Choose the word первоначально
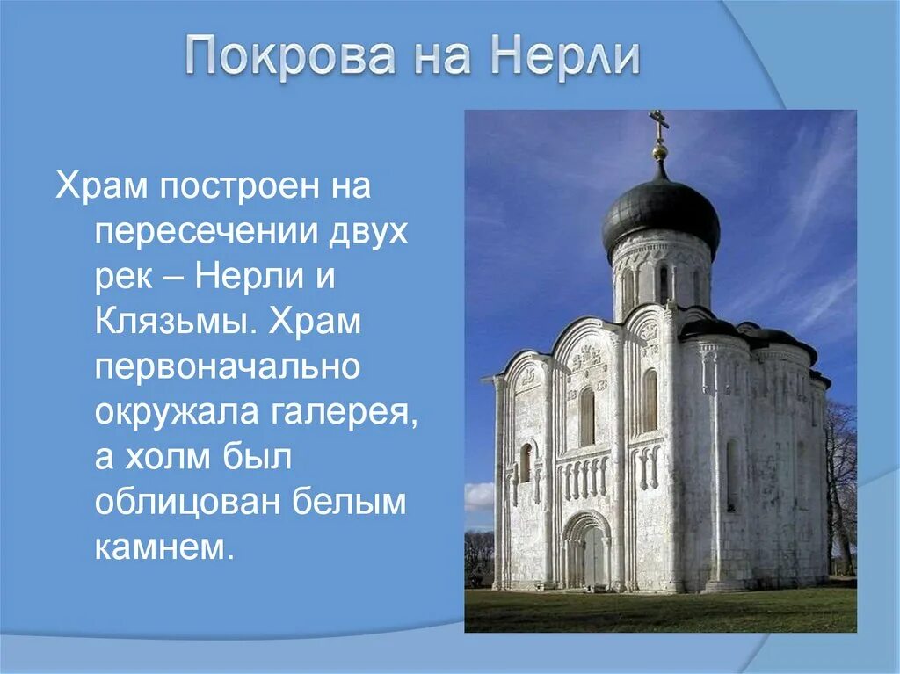(228, 367)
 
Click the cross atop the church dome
(658, 123)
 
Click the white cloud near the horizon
(479, 497)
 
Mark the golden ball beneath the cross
(659, 152)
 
